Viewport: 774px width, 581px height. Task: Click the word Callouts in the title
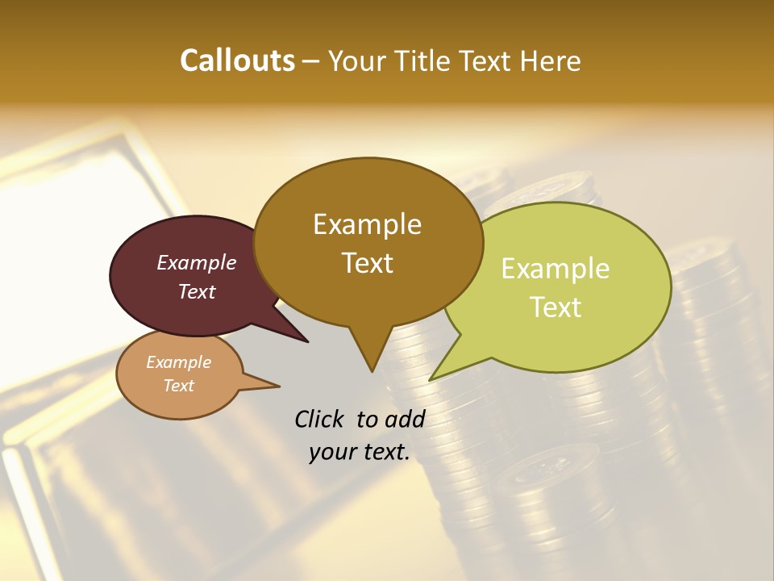[x=237, y=61]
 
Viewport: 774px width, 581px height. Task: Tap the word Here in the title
[x=549, y=61]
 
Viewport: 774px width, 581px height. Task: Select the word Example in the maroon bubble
[x=197, y=262]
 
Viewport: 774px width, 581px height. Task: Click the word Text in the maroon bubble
[x=197, y=291]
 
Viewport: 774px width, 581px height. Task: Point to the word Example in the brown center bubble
[x=367, y=224]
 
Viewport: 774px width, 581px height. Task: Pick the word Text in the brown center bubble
[x=367, y=263]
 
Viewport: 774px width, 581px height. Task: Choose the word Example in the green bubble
[x=556, y=269]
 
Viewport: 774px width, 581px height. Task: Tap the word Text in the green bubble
[x=556, y=307]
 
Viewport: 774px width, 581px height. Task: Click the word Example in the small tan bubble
[x=178, y=362]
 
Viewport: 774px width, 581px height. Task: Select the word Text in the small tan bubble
[x=178, y=386]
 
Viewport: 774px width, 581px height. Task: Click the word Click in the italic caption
[x=319, y=419]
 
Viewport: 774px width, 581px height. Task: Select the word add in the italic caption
[x=405, y=419]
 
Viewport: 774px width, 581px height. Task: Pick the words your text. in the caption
[x=360, y=453]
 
